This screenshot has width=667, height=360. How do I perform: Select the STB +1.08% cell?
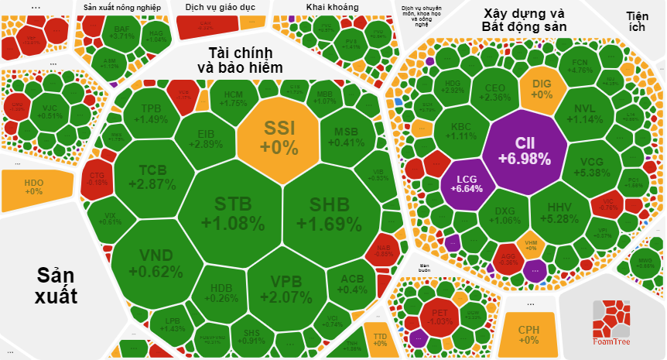[x=233, y=213]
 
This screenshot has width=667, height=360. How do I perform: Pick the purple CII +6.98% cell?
[x=523, y=151]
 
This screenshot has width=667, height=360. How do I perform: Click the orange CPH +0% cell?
[x=528, y=334]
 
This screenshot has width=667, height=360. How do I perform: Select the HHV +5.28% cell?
[x=559, y=213]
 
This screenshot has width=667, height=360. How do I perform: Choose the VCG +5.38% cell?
[x=597, y=166]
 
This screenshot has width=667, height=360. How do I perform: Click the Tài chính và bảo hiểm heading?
[x=239, y=60]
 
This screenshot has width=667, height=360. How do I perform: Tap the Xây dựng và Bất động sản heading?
[x=524, y=20]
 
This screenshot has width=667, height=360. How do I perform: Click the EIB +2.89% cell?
[x=206, y=138]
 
